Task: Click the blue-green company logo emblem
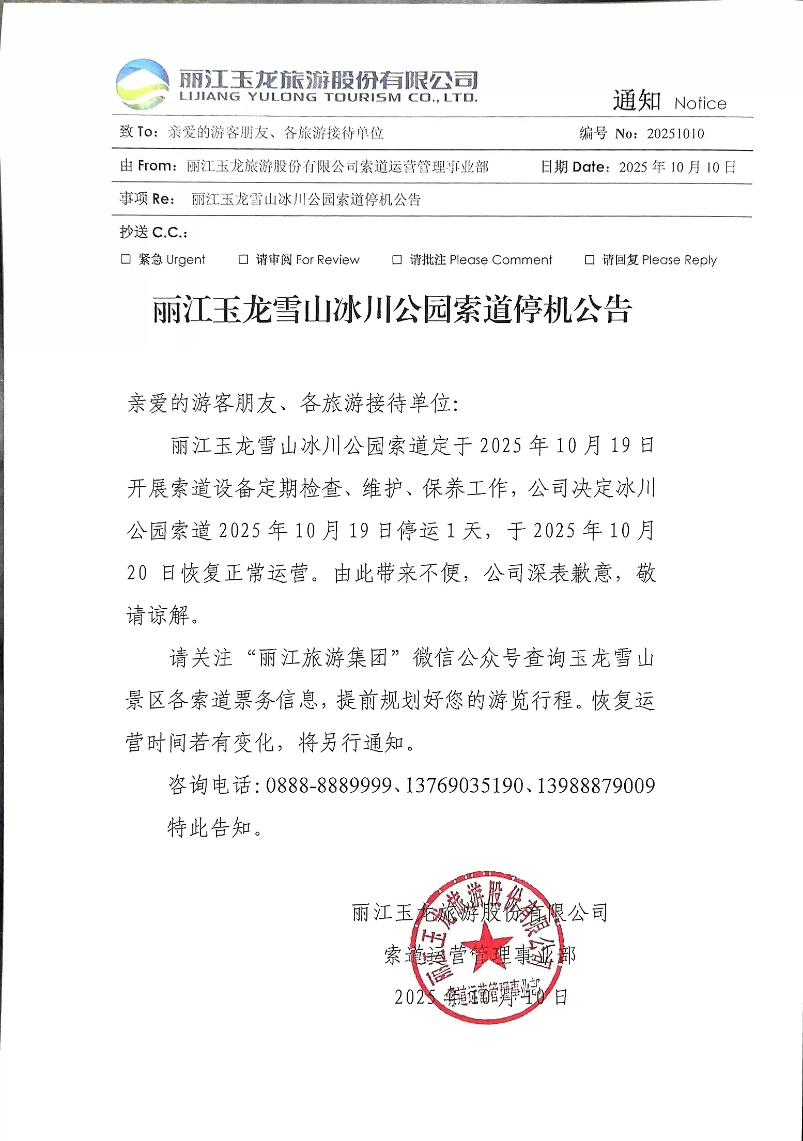[x=142, y=84]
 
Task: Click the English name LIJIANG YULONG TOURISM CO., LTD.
[x=328, y=97]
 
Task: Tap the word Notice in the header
[x=700, y=103]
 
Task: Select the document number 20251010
[x=675, y=134]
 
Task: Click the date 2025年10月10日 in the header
[x=677, y=167]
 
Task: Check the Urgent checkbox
[x=126, y=259]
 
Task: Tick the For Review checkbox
[x=243, y=259]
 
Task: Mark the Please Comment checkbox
[x=397, y=259]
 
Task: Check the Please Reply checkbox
[x=589, y=259]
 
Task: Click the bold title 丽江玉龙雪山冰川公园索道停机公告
[x=392, y=311]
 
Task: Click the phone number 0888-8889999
[x=329, y=786]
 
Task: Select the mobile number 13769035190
[x=464, y=786]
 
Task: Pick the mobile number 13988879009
[x=596, y=786]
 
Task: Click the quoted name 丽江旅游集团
[x=323, y=658]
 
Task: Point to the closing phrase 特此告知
[x=210, y=828]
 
